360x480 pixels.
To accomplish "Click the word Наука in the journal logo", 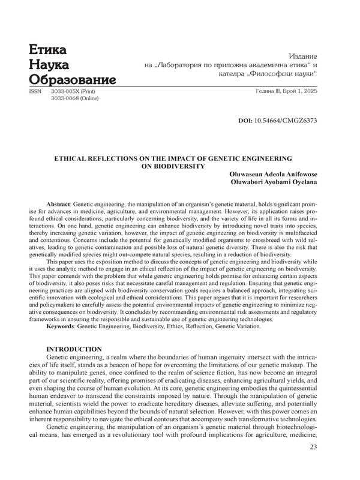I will [x=49, y=64].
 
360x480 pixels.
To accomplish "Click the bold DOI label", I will [x=245, y=121].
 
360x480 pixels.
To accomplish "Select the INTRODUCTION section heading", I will [x=74, y=349].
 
